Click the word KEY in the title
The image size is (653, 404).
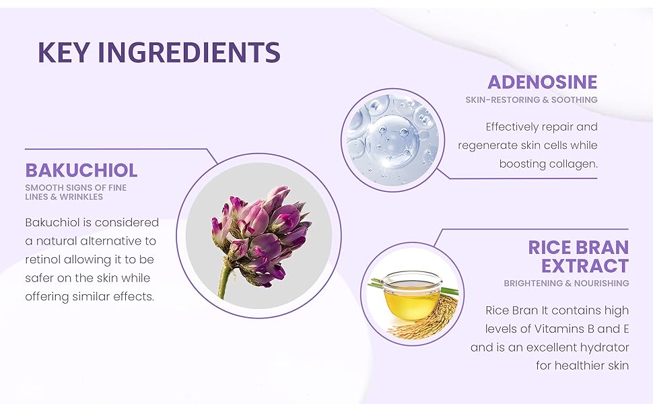[x=64, y=52]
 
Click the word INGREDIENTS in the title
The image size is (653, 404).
[x=189, y=52]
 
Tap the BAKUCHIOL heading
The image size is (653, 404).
[x=81, y=170]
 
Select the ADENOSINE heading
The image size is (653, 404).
[x=542, y=82]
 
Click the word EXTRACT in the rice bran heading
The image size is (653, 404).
[x=585, y=266]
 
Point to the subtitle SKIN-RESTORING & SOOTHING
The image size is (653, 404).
[x=531, y=100]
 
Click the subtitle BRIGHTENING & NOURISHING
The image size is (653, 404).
[x=566, y=283]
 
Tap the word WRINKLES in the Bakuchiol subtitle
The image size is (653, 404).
[x=81, y=197]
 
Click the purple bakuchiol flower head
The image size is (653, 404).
[x=261, y=234]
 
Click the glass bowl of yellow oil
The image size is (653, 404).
[x=412, y=296]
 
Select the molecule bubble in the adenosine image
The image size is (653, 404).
[x=392, y=141]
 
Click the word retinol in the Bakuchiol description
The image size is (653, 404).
[x=42, y=259]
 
